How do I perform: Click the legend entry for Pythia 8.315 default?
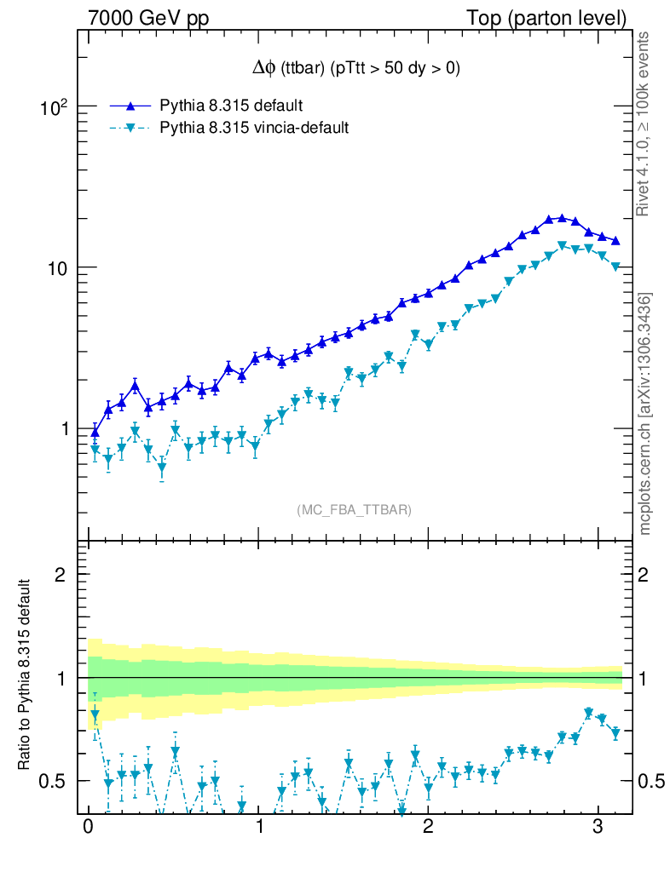(231, 106)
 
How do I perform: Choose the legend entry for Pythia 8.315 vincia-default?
(254, 128)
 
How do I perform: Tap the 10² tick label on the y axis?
(55, 107)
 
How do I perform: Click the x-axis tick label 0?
(88, 828)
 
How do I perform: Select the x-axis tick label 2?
(428, 828)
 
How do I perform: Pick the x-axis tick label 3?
(598, 828)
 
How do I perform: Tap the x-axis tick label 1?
(258, 828)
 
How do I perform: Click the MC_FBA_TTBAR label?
(355, 510)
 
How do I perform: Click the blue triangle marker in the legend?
(130, 106)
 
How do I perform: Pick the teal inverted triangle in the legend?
(130, 129)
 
